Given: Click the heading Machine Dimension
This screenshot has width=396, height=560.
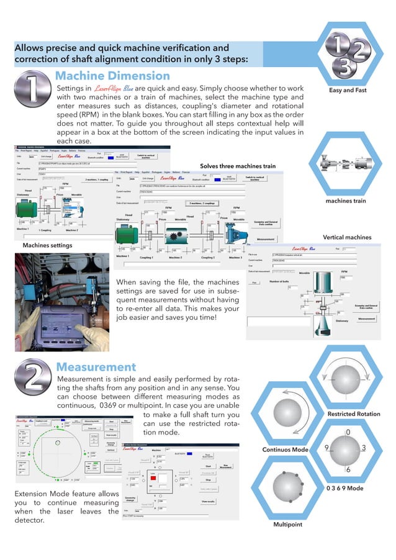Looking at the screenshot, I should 112,76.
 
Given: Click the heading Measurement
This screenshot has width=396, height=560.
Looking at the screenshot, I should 96,367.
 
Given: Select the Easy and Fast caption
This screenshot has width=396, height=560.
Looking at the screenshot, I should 348,90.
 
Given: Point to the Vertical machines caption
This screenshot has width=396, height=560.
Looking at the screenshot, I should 346,237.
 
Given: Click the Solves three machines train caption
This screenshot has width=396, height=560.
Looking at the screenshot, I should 237,166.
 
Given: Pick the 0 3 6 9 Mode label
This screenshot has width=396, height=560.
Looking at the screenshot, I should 344,489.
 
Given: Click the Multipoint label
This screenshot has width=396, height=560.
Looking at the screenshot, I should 288,525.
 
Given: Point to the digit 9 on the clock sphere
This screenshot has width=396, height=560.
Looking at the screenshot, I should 326,448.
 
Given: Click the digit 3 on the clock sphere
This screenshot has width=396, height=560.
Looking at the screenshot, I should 364,448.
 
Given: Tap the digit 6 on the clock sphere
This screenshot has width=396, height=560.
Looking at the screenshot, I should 348,470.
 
